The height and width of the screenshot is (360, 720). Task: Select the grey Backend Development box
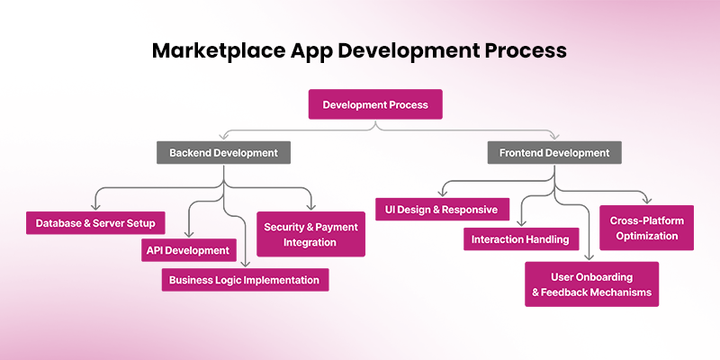[x=223, y=153]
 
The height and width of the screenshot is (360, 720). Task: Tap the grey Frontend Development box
[x=554, y=153]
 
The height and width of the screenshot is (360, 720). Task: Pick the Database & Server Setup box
[x=95, y=223]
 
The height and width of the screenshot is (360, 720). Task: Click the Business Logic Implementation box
[x=246, y=280]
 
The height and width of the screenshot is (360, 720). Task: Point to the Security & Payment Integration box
[x=310, y=234]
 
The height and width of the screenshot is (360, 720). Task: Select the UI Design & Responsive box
[x=442, y=210]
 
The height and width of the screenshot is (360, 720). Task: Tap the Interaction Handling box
[x=521, y=239]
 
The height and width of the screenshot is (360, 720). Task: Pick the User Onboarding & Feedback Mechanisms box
[x=592, y=284]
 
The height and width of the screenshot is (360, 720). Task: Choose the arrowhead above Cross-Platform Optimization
[x=645, y=199]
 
